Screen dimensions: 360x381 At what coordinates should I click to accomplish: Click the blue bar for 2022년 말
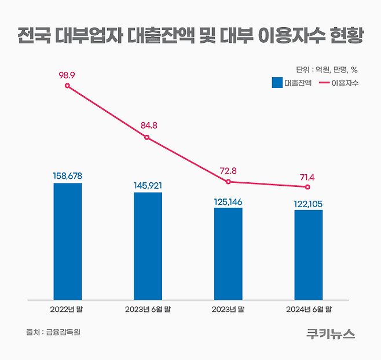tap(68, 241)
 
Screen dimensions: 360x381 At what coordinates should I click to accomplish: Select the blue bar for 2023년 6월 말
tap(148, 246)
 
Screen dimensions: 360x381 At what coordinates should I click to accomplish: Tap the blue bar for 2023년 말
tap(228, 254)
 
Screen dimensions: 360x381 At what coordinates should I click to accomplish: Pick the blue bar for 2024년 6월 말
tap(309, 255)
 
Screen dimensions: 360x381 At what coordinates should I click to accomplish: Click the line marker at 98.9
tap(68, 86)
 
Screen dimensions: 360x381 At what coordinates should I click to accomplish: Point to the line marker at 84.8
tap(147, 137)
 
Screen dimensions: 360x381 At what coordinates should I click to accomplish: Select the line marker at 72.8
tap(228, 182)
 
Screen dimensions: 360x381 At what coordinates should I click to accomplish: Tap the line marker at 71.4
tap(308, 187)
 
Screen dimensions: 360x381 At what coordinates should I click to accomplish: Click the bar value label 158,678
tap(68, 175)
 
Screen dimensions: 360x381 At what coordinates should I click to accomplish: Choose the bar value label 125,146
tap(228, 199)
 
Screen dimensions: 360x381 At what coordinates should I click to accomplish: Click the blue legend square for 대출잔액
tap(277, 83)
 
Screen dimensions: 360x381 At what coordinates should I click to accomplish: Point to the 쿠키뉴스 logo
tap(331, 333)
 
